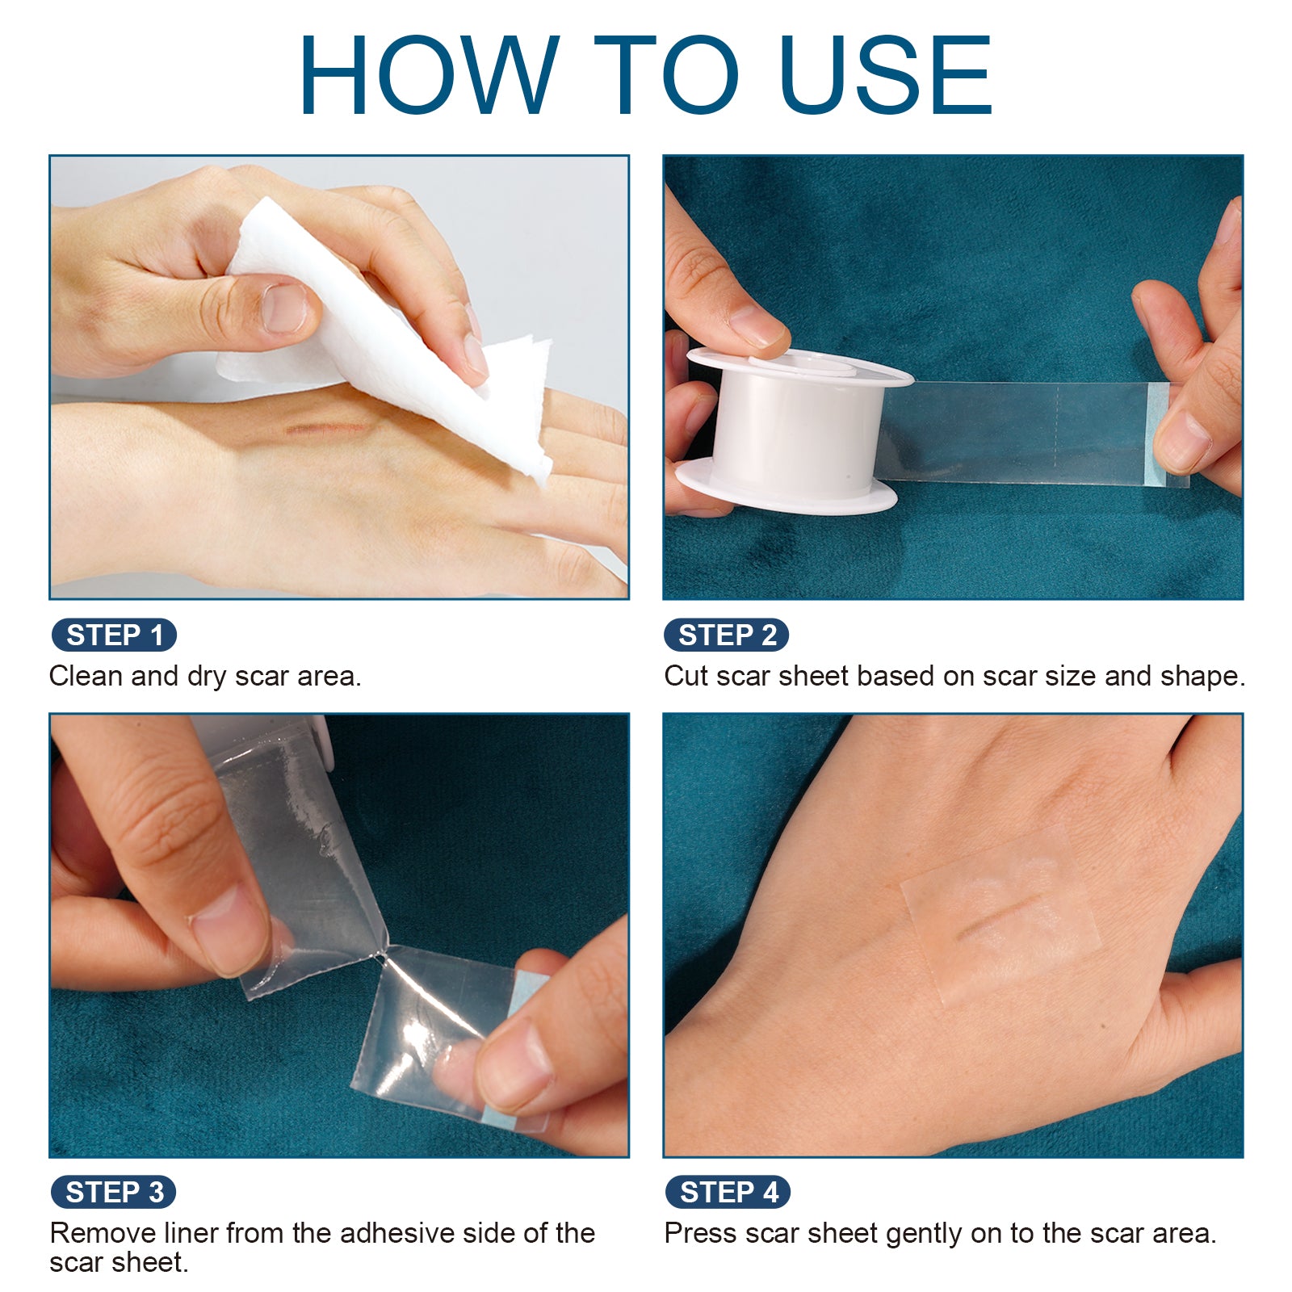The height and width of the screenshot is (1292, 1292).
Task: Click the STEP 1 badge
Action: [114, 635]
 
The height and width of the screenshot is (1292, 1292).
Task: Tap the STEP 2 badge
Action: [726, 635]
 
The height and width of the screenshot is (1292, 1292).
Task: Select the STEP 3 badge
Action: [114, 1192]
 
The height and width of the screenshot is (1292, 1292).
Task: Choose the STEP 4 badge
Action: [728, 1192]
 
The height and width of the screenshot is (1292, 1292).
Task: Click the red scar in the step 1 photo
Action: [327, 427]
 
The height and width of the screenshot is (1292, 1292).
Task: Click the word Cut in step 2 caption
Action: [686, 676]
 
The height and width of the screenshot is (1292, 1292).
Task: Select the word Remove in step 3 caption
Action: [103, 1233]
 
